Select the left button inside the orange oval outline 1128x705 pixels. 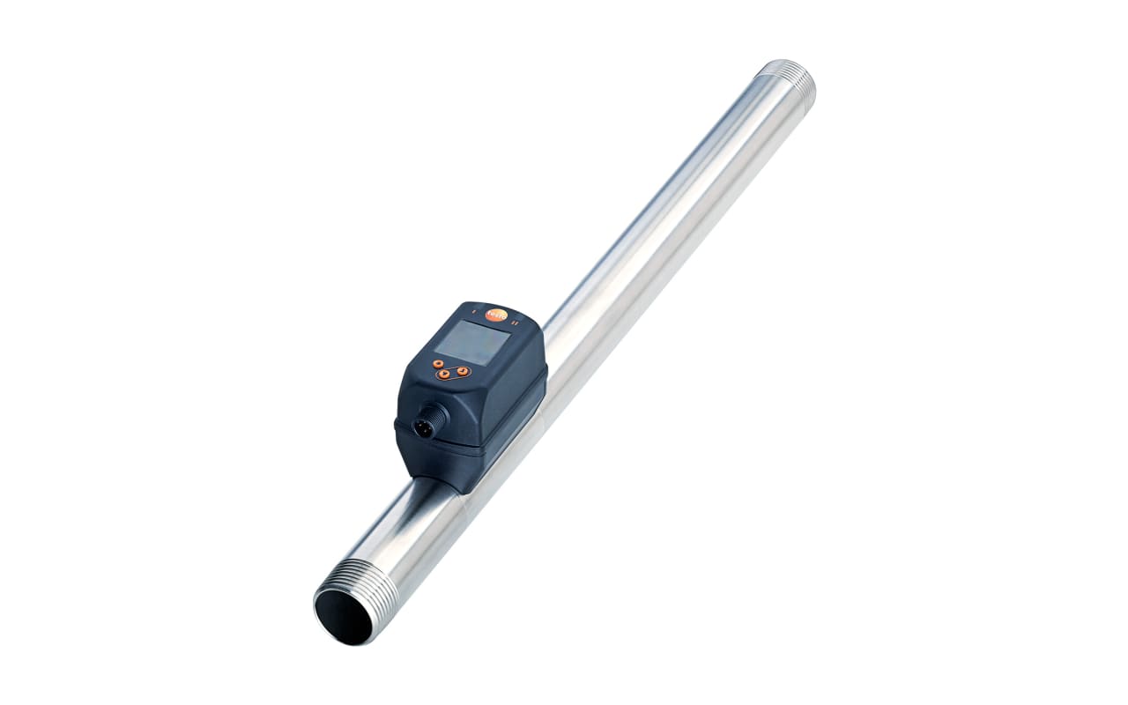(444, 374)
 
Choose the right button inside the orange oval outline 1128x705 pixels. (461, 370)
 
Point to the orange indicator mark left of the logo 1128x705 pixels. (473, 311)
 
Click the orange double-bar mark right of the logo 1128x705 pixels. (516, 323)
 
